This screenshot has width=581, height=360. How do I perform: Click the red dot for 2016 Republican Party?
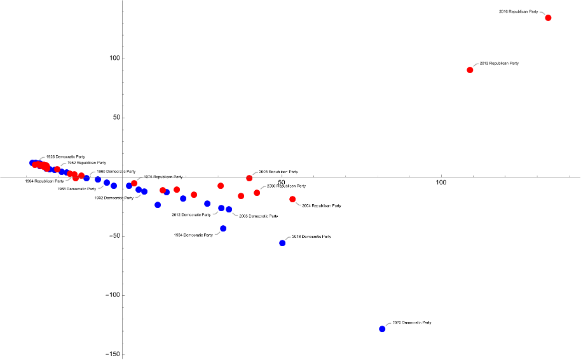coord(548,18)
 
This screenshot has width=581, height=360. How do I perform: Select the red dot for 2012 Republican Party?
coord(470,70)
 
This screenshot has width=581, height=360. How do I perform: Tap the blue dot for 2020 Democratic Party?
coord(382,329)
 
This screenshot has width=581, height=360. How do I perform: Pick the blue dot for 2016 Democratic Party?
coord(282,243)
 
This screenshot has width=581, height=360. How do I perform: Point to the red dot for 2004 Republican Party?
coord(292,199)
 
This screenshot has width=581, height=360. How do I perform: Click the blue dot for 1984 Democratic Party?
coord(223,228)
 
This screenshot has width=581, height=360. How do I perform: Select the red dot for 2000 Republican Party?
coord(257,193)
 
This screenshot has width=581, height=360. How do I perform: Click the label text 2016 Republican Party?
coord(519,11)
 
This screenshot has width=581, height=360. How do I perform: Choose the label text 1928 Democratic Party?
coord(65,156)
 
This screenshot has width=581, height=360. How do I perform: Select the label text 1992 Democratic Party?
coord(114,198)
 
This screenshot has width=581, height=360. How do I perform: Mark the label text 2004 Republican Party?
coord(322,205)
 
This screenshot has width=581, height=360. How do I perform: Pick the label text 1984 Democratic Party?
coord(193,235)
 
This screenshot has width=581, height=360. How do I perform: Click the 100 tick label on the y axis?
coord(114,59)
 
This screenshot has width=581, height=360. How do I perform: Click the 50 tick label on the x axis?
coord(281,183)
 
